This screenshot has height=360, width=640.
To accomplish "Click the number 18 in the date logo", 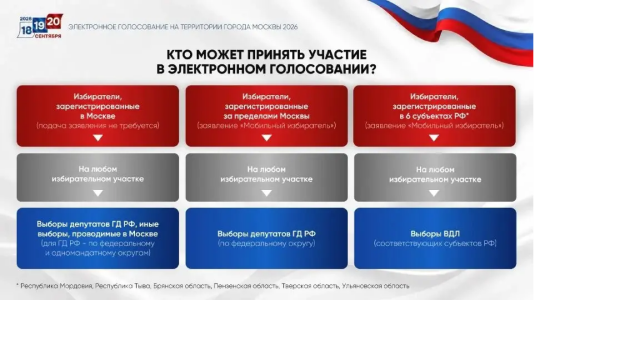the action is tap(26, 30).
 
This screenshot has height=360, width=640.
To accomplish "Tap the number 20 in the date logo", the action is tap(54, 22).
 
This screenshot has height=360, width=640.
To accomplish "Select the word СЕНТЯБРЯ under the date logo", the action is tap(48, 36).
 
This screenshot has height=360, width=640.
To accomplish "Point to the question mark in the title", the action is tap(372, 69).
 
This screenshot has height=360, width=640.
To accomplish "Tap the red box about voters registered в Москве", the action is tap(97, 116).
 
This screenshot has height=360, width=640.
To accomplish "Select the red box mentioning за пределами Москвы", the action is tap(266, 116).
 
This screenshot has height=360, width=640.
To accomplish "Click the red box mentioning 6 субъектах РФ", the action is tap(434, 116).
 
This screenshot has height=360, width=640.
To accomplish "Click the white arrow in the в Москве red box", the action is tap(98, 138).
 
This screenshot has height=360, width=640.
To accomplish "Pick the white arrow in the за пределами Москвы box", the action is tap(266, 138).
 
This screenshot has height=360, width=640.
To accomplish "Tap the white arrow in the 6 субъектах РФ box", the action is tap(434, 138).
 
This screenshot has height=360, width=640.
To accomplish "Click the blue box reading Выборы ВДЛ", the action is tap(435, 238).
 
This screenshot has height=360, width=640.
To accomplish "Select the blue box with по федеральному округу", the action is tap(266, 238).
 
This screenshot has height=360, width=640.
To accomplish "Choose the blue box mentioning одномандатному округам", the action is tap(97, 238).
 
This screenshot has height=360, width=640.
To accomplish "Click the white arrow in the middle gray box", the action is tap(266, 193).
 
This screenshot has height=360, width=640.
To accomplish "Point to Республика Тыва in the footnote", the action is tap(123, 286).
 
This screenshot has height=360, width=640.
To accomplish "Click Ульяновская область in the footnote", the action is tap(376, 286).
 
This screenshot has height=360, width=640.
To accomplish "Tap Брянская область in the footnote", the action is tap(182, 286).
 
